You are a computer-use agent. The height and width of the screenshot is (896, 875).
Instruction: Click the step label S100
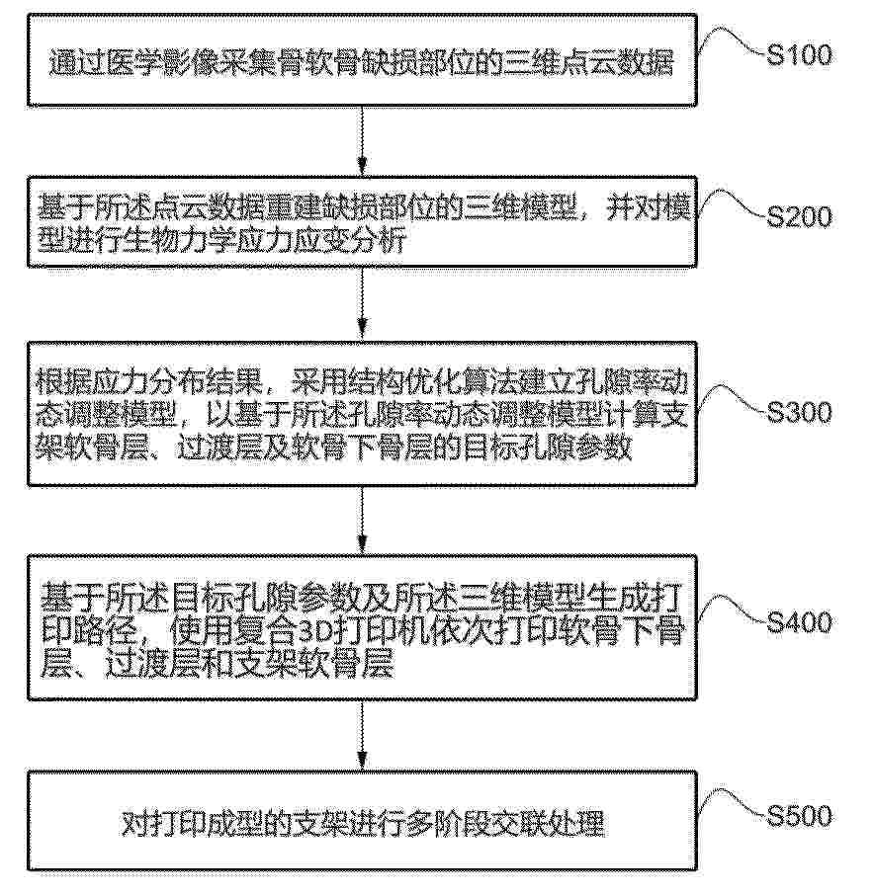coord(799,55)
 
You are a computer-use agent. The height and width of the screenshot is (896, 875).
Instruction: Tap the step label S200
coord(799,216)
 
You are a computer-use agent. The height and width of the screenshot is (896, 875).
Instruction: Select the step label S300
coord(799,412)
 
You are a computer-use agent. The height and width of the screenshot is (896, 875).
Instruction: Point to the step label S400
coord(799,621)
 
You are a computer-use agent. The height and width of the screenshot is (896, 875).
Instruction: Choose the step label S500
coord(799,815)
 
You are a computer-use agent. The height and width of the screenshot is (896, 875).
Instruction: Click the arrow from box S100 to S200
coord(362,141)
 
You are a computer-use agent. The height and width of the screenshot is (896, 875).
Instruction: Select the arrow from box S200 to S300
coord(362,304)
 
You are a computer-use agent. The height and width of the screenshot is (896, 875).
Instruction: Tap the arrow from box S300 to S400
coord(362,520)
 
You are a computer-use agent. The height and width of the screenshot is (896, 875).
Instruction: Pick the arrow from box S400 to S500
coord(362,736)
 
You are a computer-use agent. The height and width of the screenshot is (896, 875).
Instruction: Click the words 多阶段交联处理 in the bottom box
coord(504,823)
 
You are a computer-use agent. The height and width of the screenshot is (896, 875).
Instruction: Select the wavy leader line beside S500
coord(731,803)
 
